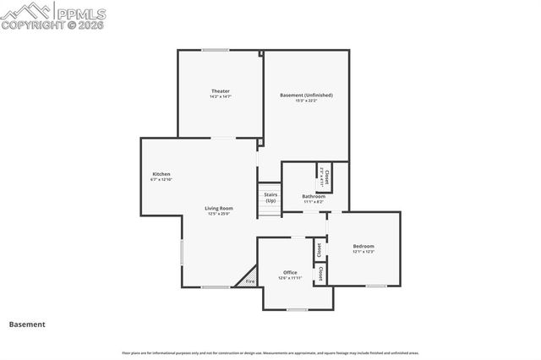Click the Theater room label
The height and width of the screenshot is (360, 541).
pos(220,90)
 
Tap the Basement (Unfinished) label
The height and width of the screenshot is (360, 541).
pos(306,95)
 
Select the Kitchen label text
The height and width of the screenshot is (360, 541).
pos(161,174)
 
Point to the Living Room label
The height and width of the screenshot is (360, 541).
pos(219,208)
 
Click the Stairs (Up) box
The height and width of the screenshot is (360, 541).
pos(270,198)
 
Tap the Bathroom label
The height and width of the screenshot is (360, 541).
pos(314,196)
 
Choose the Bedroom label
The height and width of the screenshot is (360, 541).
pos(363,246)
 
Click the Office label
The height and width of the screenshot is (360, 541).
pos(290,272)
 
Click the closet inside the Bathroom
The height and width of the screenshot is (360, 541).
pos(323,177)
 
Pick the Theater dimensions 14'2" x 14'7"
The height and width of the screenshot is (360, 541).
pos(220,97)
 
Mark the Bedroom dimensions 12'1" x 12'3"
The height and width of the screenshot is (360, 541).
pos(363,252)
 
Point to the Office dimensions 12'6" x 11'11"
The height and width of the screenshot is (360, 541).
pos(290,278)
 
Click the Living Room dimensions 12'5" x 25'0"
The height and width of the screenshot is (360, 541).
pos(219,214)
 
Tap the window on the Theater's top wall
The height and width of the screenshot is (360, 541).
pos(215,51)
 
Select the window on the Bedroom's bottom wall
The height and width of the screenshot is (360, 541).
pos(376,286)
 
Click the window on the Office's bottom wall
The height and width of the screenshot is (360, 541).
pos(298,310)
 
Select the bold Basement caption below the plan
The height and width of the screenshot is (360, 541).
pos(27,324)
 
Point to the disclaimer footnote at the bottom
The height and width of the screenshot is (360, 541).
pos(270,353)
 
